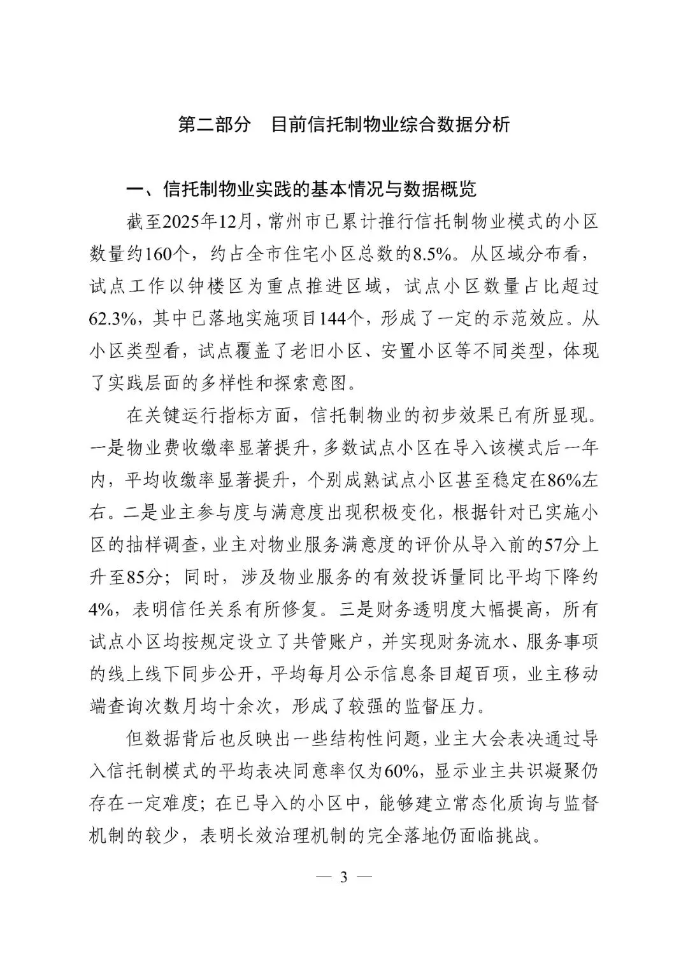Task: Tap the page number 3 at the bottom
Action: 344,878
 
